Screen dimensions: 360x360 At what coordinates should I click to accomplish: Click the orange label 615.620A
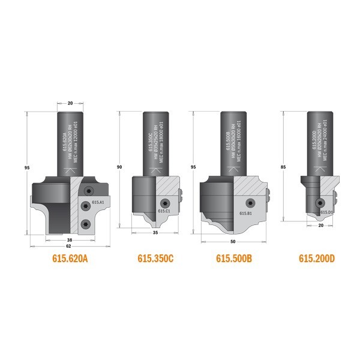click(x=71, y=259)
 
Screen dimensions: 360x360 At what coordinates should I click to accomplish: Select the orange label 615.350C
click(x=155, y=259)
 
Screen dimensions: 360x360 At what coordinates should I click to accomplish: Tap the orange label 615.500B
click(x=235, y=259)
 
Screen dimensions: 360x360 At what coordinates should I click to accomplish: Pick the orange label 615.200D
click(x=317, y=259)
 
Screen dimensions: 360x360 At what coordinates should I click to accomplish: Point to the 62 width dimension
click(x=70, y=245)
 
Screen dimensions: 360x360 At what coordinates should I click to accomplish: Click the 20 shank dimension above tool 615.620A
click(x=70, y=104)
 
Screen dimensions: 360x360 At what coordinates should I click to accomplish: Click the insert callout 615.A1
click(x=99, y=202)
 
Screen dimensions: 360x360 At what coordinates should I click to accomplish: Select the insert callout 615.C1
click(x=164, y=211)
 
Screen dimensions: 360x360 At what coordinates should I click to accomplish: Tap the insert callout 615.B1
click(x=245, y=213)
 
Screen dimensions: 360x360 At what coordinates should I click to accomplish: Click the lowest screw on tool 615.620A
click(x=88, y=224)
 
